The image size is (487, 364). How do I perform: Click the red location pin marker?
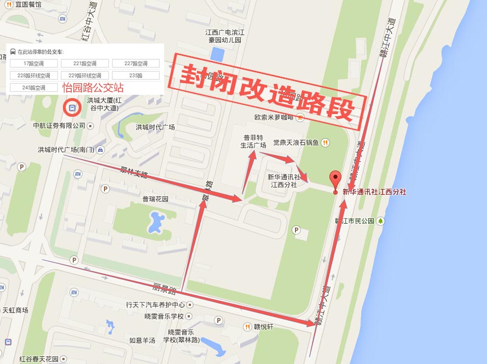[x=335, y=180]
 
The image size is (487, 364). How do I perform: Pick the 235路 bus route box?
[x=136, y=76]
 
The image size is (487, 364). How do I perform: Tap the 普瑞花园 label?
[x=155, y=199]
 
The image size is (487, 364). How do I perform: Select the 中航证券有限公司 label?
[x=60, y=126]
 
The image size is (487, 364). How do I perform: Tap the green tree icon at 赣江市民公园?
[x=381, y=221]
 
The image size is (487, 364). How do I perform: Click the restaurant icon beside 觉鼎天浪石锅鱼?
[x=326, y=143]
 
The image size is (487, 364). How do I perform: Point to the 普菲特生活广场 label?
[x=253, y=141]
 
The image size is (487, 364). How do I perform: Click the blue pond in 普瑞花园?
[x=155, y=222]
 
